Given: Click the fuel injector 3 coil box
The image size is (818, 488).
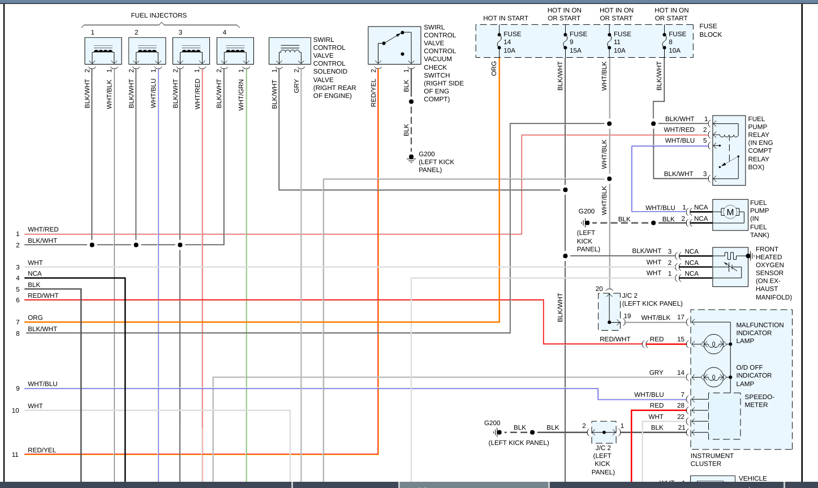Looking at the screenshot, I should click(x=191, y=51).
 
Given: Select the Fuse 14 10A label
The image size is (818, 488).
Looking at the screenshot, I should click(x=512, y=42).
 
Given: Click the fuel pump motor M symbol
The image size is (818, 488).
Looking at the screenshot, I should click(x=730, y=212).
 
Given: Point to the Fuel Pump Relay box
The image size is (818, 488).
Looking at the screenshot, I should click(x=729, y=150).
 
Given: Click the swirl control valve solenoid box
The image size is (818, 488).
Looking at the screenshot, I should click(x=290, y=51).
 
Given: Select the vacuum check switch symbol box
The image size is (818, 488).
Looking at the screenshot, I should click(x=394, y=45).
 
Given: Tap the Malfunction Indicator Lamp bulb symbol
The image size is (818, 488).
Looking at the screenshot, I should click(x=713, y=344).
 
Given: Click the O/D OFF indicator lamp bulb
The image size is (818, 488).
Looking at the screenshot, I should click(x=713, y=376).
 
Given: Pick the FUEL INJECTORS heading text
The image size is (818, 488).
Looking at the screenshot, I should click(x=159, y=15).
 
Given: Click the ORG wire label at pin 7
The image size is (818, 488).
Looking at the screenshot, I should click(x=35, y=318).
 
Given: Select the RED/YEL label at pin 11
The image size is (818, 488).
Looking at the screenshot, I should click(x=42, y=450).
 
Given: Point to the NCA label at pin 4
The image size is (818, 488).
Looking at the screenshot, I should click(x=35, y=273).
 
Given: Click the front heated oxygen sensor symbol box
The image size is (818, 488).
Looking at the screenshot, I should click(x=730, y=266).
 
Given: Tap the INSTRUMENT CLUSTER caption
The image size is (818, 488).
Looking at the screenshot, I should click(x=712, y=460).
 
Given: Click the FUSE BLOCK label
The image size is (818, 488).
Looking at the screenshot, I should click(x=711, y=30).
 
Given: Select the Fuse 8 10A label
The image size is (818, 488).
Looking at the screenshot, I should click(x=677, y=42).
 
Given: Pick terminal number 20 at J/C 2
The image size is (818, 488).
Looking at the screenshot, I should click(x=599, y=289).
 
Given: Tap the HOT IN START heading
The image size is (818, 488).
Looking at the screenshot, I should click(x=506, y=18).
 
